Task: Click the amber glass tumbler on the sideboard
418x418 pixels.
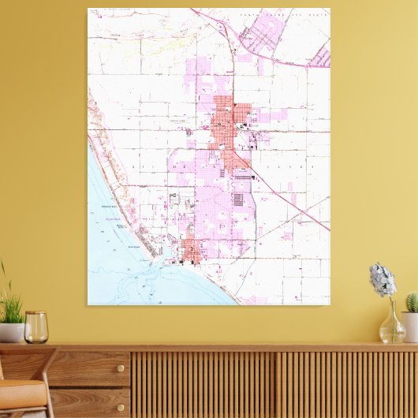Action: tap(35, 327)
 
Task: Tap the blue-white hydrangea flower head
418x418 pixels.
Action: tap(383, 279)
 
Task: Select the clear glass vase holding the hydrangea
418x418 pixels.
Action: tap(392, 325)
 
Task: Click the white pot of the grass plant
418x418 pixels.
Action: tap(11, 332)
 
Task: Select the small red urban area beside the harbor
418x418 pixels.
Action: tap(192, 252)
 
